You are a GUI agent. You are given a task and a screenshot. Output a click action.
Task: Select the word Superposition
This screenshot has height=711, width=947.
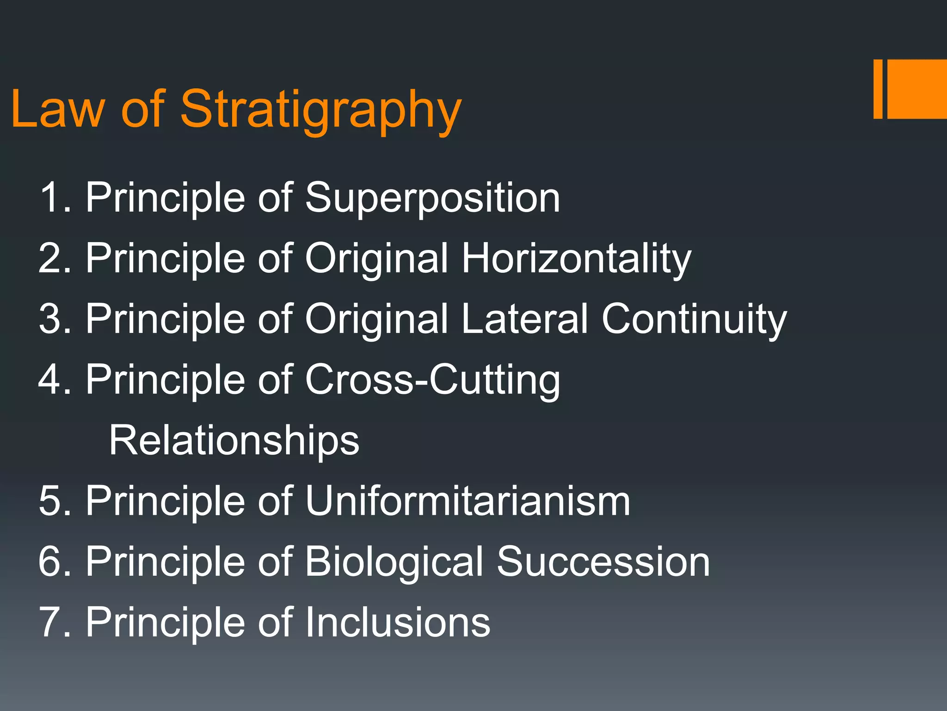pyautogui.click(x=432, y=198)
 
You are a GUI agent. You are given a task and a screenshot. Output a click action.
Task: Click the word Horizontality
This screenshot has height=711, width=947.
pyautogui.click(x=576, y=258)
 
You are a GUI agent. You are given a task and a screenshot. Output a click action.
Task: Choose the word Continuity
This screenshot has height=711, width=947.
pyautogui.click(x=694, y=319)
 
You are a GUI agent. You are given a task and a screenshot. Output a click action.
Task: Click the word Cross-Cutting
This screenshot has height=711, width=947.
pyautogui.click(x=432, y=380)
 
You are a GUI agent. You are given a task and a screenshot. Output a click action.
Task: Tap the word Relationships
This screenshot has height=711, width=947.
pyautogui.click(x=234, y=441)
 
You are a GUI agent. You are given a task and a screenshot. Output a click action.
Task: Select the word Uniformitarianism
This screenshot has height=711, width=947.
pyautogui.click(x=467, y=501)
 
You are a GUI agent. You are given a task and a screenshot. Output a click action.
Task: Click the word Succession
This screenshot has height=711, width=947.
pyautogui.click(x=603, y=561)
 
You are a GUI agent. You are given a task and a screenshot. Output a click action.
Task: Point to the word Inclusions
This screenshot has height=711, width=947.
pyautogui.click(x=398, y=623)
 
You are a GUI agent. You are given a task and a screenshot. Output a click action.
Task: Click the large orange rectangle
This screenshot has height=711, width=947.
pyautogui.click(x=917, y=89)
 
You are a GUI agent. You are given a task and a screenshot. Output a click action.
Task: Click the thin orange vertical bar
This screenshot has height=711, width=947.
pyautogui.click(x=878, y=89)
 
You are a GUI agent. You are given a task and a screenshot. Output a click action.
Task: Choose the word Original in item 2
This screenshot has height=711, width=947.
pyautogui.click(x=376, y=258)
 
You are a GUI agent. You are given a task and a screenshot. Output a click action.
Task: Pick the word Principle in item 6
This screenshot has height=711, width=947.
pyautogui.click(x=166, y=562)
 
